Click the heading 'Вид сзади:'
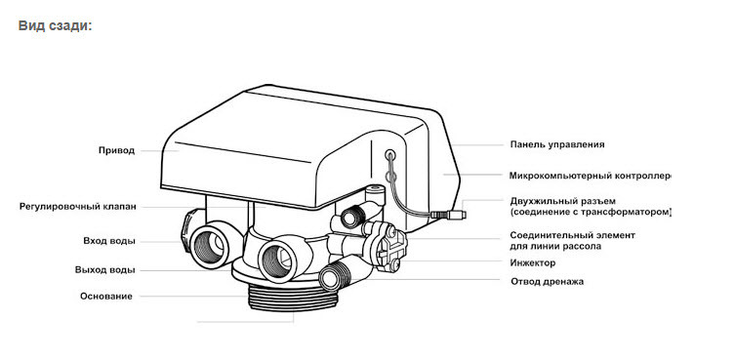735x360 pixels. pyautogui.click(x=56, y=25)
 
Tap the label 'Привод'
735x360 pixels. pyautogui.click(x=117, y=150)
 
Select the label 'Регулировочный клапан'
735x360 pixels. pyautogui.click(x=78, y=206)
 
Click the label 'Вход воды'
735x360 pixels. pyautogui.click(x=109, y=241)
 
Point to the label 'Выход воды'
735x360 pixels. pyautogui.click(x=105, y=270)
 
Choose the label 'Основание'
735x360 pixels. pyautogui.click(x=106, y=297)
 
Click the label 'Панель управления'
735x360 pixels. pyautogui.click(x=557, y=144)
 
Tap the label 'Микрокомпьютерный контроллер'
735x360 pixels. pyautogui.click(x=591, y=176)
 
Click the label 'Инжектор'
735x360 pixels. pyautogui.click(x=533, y=263)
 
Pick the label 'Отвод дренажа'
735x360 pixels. pyautogui.click(x=547, y=282)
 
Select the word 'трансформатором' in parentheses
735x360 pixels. pyautogui.click(x=630, y=213)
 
